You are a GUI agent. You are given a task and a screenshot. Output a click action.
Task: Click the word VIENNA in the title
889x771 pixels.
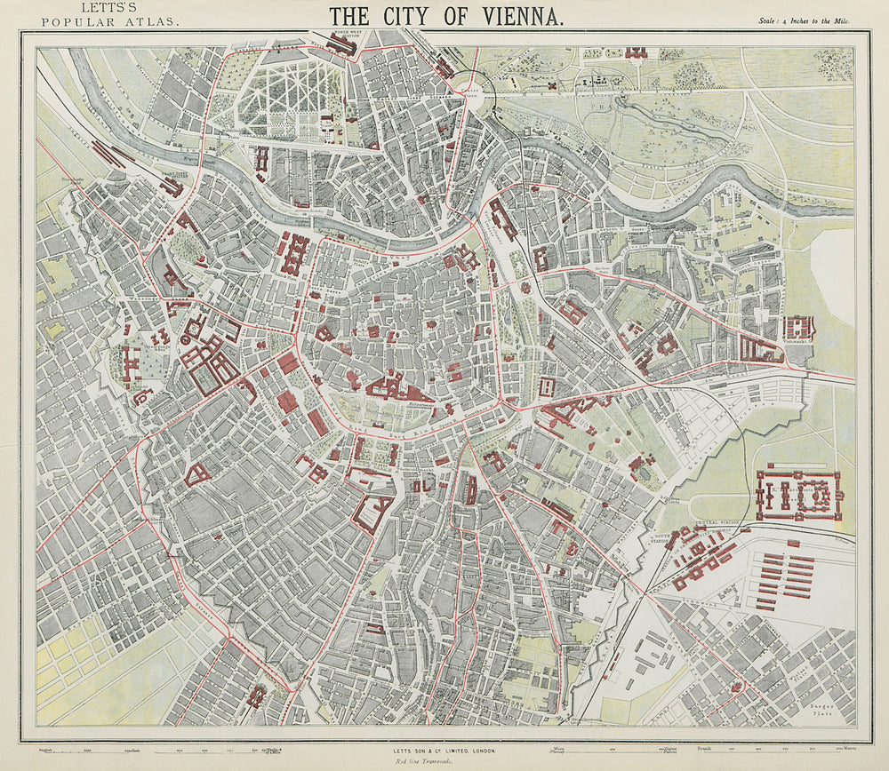click(x=512, y=16)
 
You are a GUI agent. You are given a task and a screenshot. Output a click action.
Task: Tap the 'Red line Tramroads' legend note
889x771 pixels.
click(x=444, y=761)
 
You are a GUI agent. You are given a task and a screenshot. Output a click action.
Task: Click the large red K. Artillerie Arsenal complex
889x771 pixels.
click(x=797, y=494)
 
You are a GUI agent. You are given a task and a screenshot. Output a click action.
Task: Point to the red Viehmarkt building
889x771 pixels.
click(x=797, y=326)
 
